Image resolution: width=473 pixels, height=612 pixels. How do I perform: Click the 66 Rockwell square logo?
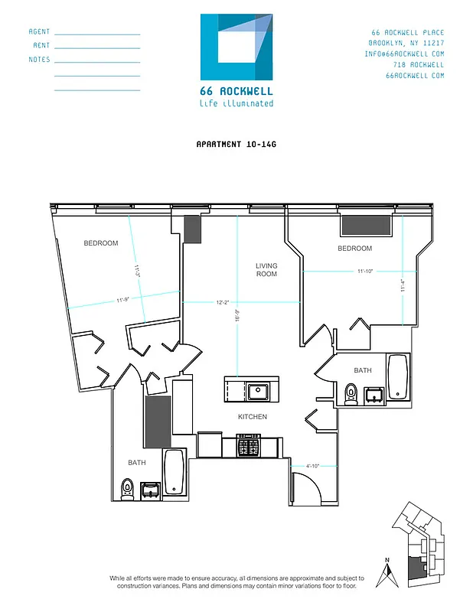click(x=236, y=47)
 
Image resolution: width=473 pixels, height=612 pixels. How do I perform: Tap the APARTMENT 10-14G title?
click(x=236, y=143)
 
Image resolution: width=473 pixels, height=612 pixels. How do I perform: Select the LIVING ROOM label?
click(x=266, y=269)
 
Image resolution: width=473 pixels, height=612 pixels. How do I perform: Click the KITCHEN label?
click(x=252, y=417)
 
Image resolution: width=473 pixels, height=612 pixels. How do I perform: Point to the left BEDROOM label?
click(x=101, y=243)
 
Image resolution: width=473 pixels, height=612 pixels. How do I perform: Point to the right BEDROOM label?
click(x=354, y=249)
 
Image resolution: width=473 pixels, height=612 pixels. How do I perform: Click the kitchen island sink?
click(x=258, y=392)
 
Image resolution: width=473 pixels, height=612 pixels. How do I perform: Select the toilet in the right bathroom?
click(x=351, y=394)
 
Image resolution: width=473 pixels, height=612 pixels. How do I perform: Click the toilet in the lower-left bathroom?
click(x=127, y=487)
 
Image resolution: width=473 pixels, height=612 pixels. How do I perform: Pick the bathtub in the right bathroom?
click(x=398, y=377)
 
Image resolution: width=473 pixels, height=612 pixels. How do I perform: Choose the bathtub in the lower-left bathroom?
click(x=174, y=472)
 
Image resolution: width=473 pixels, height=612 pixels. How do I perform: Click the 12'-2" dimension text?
click(x=223, y=303)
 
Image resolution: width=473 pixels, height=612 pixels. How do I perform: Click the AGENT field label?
click(x=39, y=32)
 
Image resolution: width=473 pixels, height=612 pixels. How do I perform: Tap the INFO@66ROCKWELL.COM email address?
click(x=405, y=54)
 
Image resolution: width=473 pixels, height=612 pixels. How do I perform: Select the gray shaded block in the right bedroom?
click(x=366, y=225)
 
